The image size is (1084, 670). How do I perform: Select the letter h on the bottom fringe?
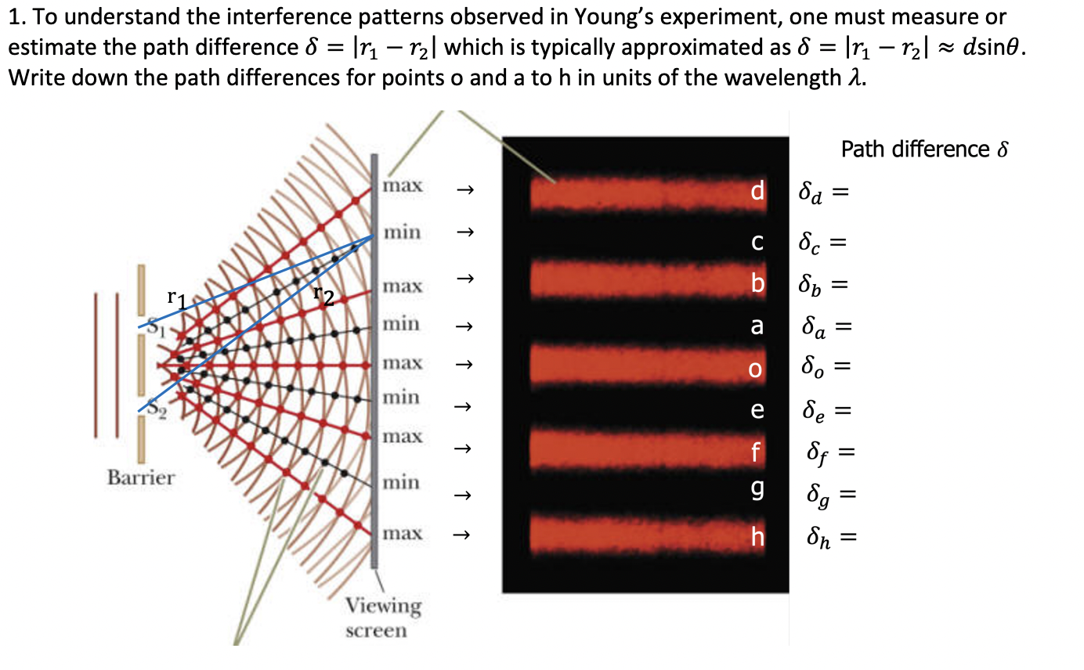click(757, 537)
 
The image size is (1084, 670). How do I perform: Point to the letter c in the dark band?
click(757, 243)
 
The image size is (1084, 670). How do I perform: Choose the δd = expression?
click(823, 193)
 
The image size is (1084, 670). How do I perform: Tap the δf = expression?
click(829, 452)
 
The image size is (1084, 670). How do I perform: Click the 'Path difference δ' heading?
click(923, 149)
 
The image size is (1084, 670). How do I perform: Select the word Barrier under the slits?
click(141, 477)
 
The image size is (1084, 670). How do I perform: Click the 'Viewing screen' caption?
click(384, 618)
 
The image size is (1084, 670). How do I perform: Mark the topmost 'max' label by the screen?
click(403, 186)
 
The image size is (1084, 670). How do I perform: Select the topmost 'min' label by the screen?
click(402, 232)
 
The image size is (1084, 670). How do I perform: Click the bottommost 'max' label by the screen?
click(403, 534)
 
